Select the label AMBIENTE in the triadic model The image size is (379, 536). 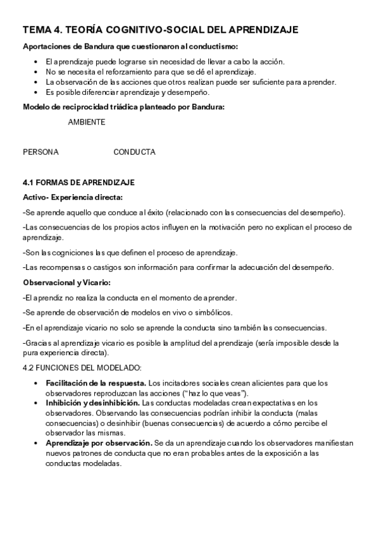point(87,123)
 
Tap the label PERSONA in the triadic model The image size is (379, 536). point(40,152)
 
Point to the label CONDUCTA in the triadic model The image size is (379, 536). point(134,152)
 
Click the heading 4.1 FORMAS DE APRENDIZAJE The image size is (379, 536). point(78,183)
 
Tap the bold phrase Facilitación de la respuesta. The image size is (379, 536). point(95,383)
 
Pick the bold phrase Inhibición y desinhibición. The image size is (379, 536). point(92,403)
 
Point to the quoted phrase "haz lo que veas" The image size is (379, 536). point(216,393)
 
